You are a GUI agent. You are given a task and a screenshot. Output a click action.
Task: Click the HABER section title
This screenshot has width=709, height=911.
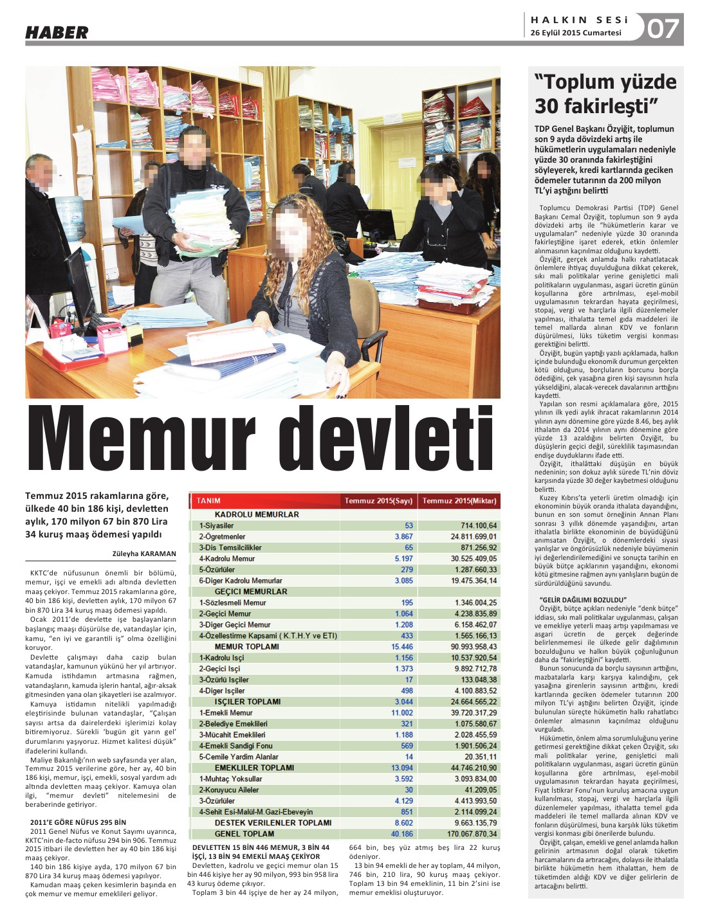coord(57,32)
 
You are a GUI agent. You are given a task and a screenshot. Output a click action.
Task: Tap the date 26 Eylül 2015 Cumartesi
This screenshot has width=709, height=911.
coord(576,33)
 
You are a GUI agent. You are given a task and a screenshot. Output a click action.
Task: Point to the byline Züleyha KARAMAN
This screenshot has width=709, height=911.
coord(144,554)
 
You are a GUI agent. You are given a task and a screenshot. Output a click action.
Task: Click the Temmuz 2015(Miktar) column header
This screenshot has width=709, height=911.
coord(459,501)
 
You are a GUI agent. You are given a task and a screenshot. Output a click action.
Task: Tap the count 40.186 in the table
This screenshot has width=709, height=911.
coord(402,834)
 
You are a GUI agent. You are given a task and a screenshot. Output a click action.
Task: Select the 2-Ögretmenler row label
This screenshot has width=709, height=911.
coord(222,537)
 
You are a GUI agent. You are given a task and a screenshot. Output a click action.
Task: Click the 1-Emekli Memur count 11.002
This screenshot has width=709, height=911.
coord(402,713)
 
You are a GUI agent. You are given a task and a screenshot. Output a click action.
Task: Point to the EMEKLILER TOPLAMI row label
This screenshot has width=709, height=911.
coord(254,768)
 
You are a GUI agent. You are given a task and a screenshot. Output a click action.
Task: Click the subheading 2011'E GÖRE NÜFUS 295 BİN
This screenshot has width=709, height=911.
coord(78,822)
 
